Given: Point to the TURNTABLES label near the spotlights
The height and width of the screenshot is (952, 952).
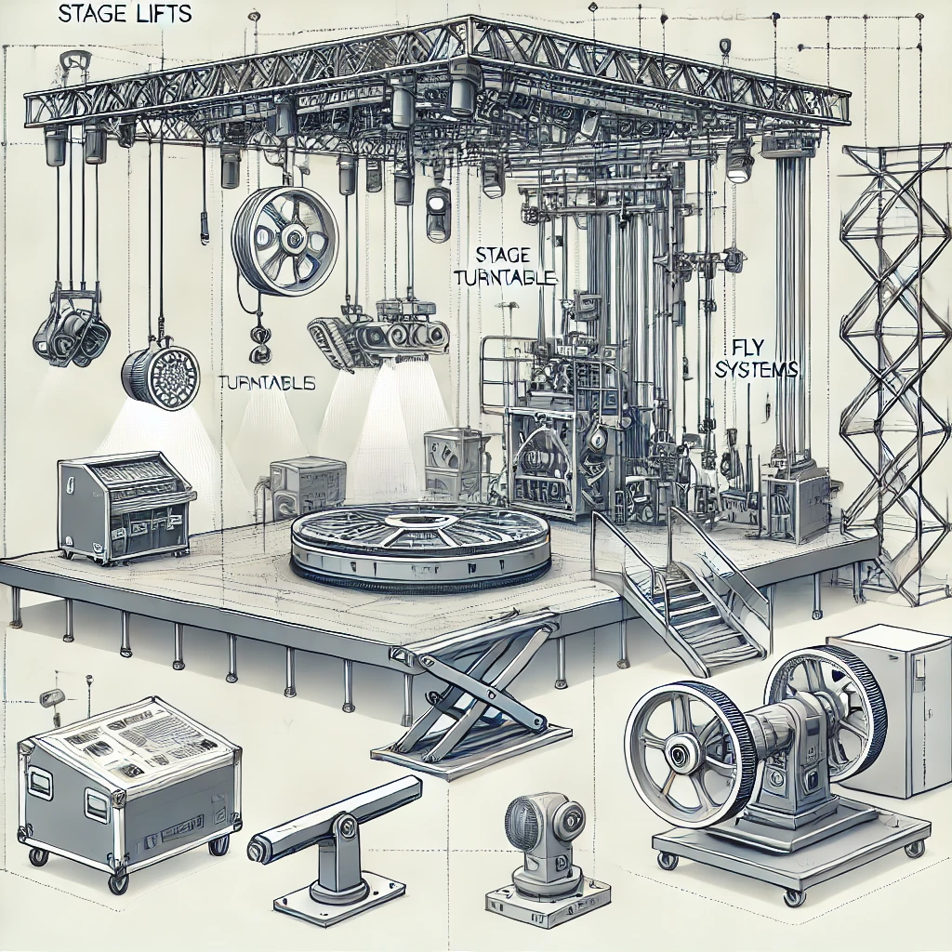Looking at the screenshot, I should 266,382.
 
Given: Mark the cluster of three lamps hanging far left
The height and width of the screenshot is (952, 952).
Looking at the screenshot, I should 70,336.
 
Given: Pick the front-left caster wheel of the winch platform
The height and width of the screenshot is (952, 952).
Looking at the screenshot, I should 667,861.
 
